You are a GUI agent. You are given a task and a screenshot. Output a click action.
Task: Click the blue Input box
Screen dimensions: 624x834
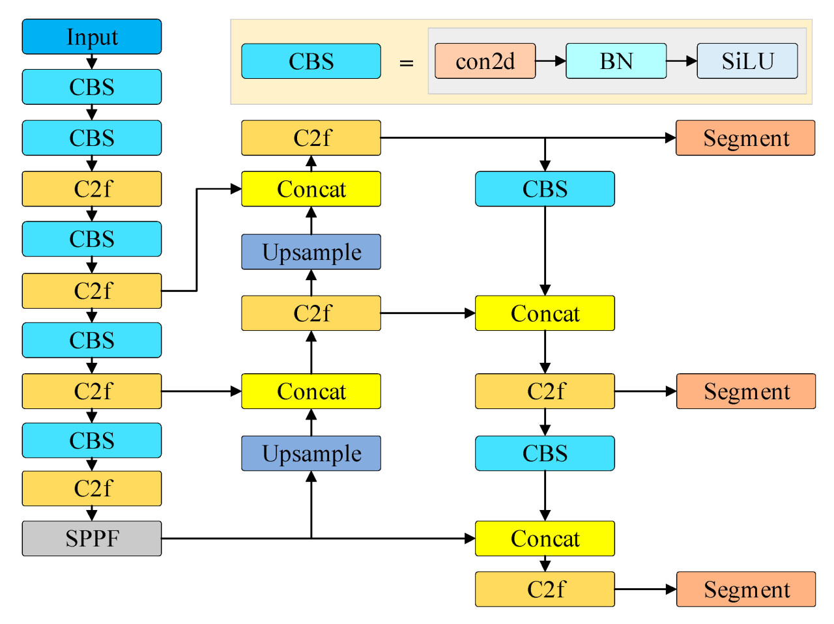92,36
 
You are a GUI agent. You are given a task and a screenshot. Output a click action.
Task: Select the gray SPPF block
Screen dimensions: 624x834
92,538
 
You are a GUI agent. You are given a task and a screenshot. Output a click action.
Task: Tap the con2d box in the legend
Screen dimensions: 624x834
485,61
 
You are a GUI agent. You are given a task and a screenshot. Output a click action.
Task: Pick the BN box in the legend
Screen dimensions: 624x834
616,61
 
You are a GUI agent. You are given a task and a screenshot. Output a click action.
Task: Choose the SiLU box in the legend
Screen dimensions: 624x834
747,61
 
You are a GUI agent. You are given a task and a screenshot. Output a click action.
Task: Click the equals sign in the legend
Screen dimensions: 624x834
407,63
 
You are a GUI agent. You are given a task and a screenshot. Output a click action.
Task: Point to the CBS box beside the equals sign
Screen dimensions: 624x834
311,61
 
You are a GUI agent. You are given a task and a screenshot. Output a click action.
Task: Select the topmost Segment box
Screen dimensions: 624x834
745,137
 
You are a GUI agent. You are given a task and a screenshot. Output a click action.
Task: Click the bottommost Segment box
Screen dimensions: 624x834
746,589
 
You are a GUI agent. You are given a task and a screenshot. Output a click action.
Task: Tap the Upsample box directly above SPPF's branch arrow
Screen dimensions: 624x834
311,453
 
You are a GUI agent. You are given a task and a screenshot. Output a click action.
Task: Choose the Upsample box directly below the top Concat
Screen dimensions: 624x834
311,252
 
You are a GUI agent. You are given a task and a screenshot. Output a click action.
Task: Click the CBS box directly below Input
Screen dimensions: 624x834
92,87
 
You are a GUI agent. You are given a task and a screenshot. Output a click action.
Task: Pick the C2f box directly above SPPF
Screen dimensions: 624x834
92,489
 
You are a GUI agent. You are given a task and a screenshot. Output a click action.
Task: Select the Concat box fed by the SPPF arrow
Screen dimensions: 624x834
545,538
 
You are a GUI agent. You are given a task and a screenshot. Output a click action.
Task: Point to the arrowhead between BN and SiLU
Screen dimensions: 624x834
691,61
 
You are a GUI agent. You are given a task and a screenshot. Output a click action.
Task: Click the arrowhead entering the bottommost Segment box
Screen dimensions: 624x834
671,589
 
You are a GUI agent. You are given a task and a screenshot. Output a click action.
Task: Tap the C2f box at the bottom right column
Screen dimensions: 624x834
545,589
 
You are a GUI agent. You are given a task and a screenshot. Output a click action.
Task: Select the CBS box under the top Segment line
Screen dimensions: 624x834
545,189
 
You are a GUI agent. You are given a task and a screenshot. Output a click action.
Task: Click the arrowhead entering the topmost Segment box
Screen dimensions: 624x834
670,137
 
